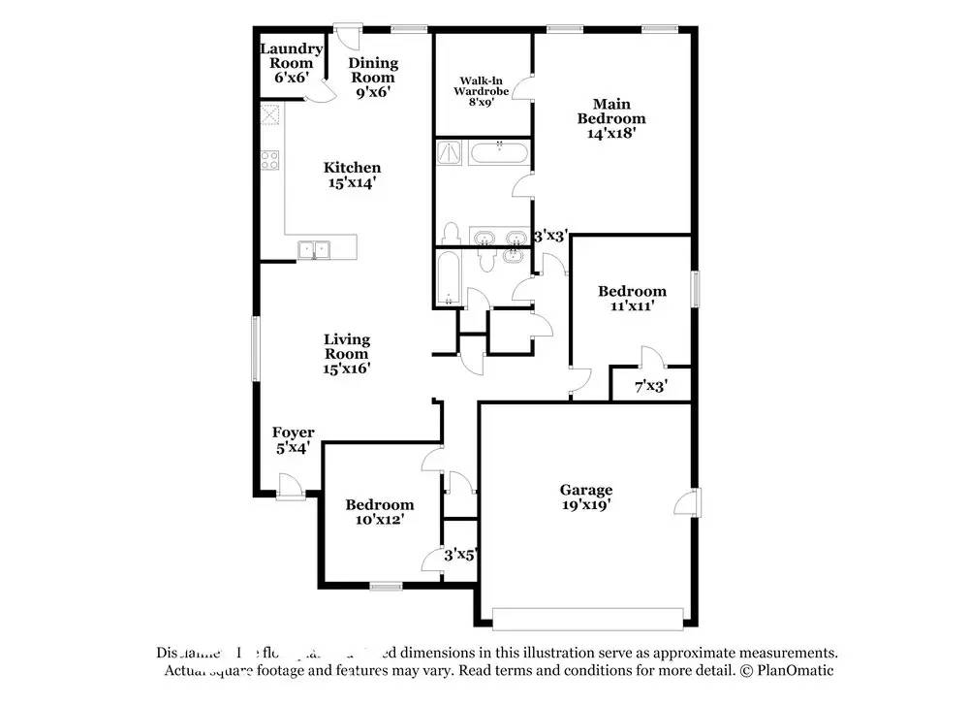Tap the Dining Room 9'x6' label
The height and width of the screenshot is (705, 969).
373,70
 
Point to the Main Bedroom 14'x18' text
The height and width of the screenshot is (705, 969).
611,118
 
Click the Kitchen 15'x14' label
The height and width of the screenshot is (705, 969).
352,175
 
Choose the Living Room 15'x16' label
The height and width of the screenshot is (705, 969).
347,353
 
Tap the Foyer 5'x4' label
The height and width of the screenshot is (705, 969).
293,440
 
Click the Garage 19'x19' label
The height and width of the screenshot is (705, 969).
585,497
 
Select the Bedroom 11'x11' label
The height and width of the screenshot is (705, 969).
632,298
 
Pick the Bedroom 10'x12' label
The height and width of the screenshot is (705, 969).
380,512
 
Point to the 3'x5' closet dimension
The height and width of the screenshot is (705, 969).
460,556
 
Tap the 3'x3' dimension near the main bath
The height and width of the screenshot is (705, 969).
550,236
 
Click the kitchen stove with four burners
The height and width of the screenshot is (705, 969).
269,162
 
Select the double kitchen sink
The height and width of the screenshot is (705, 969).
314,250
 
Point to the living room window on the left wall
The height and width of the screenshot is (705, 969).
256,347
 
